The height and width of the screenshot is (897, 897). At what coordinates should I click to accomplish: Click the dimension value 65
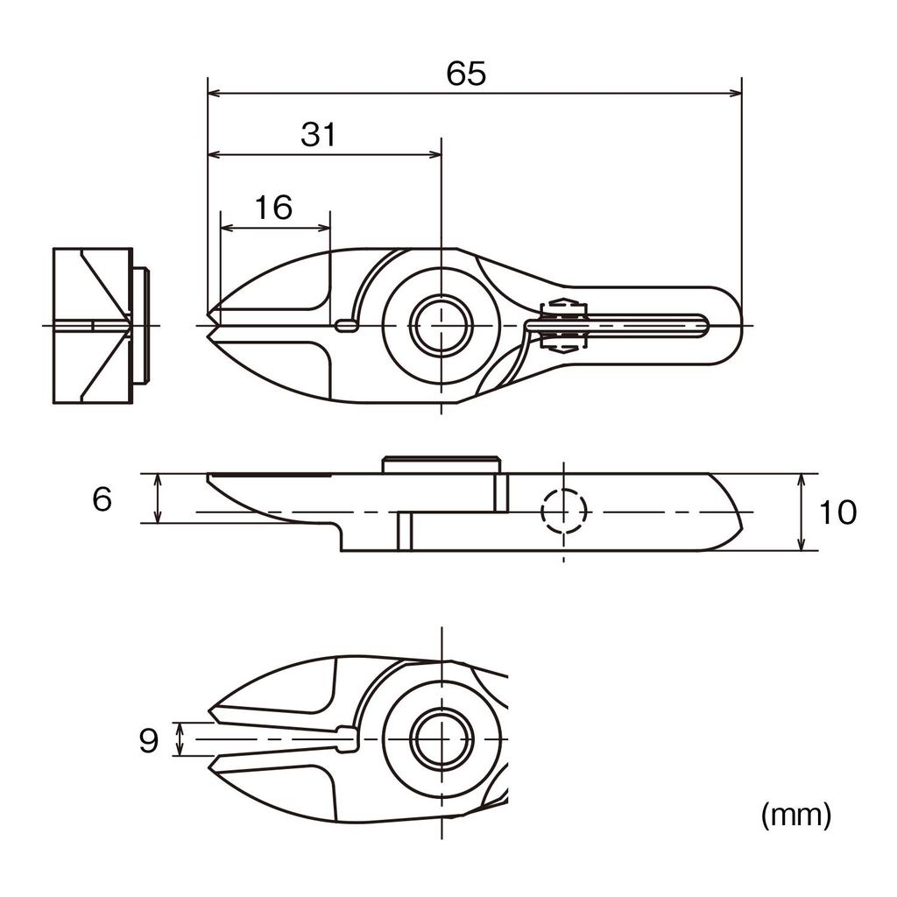(x=465, y=74)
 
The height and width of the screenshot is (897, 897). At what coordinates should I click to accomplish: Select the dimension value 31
(x=319, y=135)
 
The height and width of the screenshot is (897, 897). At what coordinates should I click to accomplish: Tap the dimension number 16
(x=273, y=208)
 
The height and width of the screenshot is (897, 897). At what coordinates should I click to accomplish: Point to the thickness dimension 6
(x=102, y=500)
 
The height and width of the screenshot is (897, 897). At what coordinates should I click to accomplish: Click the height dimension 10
(x=838, y=512)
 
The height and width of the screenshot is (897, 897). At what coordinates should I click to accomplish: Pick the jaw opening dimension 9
(x=149, y=741)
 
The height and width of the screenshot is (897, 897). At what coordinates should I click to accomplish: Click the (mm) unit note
(x=795, y=816)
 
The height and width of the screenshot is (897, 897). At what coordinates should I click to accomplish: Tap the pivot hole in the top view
(x=442, y=326)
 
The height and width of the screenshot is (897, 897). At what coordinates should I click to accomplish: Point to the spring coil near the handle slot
(x=562, y=326)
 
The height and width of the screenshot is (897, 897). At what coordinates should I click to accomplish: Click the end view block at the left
(x=93, y=326)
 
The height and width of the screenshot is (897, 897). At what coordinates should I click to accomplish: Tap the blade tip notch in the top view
(x=212, y=326)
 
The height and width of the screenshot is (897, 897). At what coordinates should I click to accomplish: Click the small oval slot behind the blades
(x=347, y=326)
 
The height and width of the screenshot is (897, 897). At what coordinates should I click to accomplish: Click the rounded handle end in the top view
(x=727, y=325)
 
